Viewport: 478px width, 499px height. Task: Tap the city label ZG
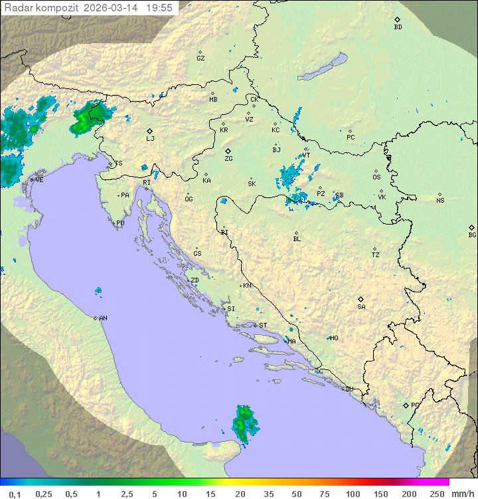[x=228, y=159]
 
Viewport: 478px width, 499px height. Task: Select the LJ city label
[x=150, y=138]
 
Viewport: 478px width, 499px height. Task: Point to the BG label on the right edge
[x=472, y=235]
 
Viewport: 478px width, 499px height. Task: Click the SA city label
[x=361, y=306]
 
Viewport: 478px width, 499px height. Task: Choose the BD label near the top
[x=398, y=27]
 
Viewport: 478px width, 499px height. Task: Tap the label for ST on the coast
[x=263, y=326]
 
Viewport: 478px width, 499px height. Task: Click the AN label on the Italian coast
[x=103, y=318]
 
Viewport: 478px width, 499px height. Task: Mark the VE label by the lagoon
[x=39, y=180]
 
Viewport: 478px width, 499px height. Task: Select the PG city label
[x=415, y=405]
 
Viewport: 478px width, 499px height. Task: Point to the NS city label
[x=440, y=200]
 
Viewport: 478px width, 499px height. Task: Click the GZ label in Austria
[x=200, y=58]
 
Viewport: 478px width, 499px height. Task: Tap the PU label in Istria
[x=120, y=223]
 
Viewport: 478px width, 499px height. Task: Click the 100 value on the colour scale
[x=353, y=494]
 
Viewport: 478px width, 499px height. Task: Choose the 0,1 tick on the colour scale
[x=15, y=494]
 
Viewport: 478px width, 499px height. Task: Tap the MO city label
[x=334, y=338]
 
